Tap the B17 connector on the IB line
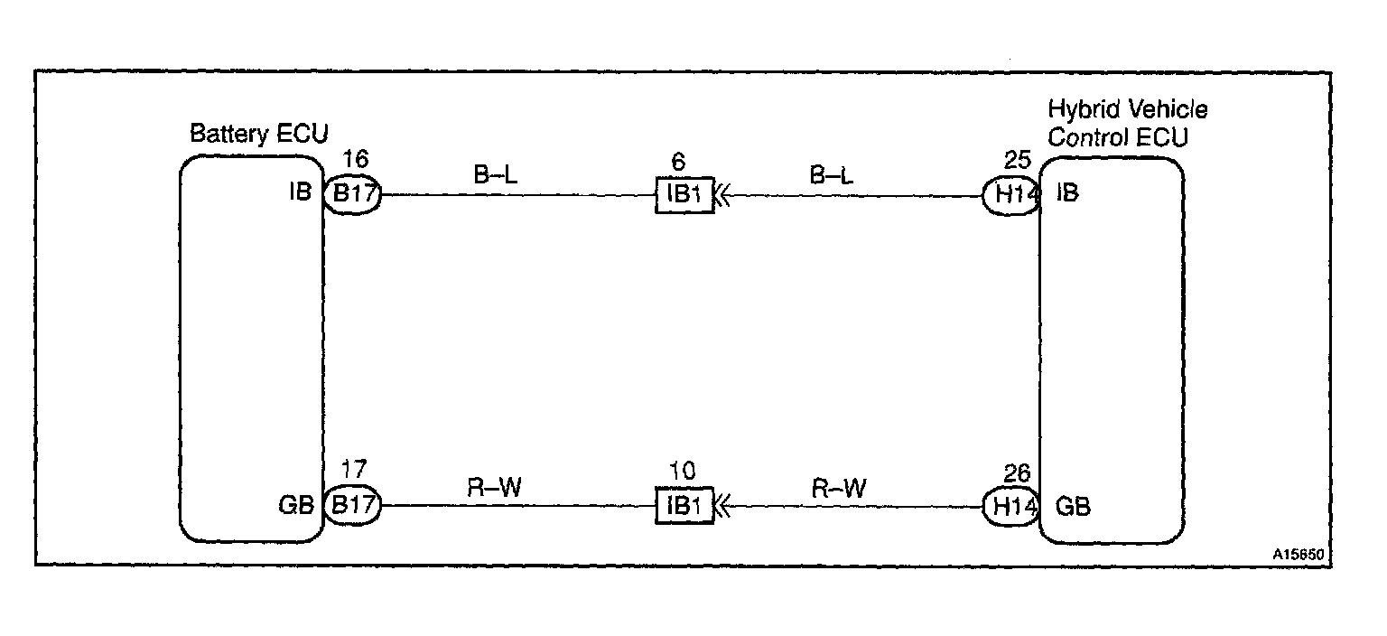click(352, 194)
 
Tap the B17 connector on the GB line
click(352, 505)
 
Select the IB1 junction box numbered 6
click(684, 194)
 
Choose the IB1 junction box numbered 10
click(684, 506)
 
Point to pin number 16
click(356, 161)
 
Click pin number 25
click(1017, 161)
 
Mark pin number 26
click(1017, 473)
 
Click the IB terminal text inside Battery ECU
click(301, 192)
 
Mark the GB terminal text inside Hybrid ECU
click(1073, 506)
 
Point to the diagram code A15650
click(1303, 553)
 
